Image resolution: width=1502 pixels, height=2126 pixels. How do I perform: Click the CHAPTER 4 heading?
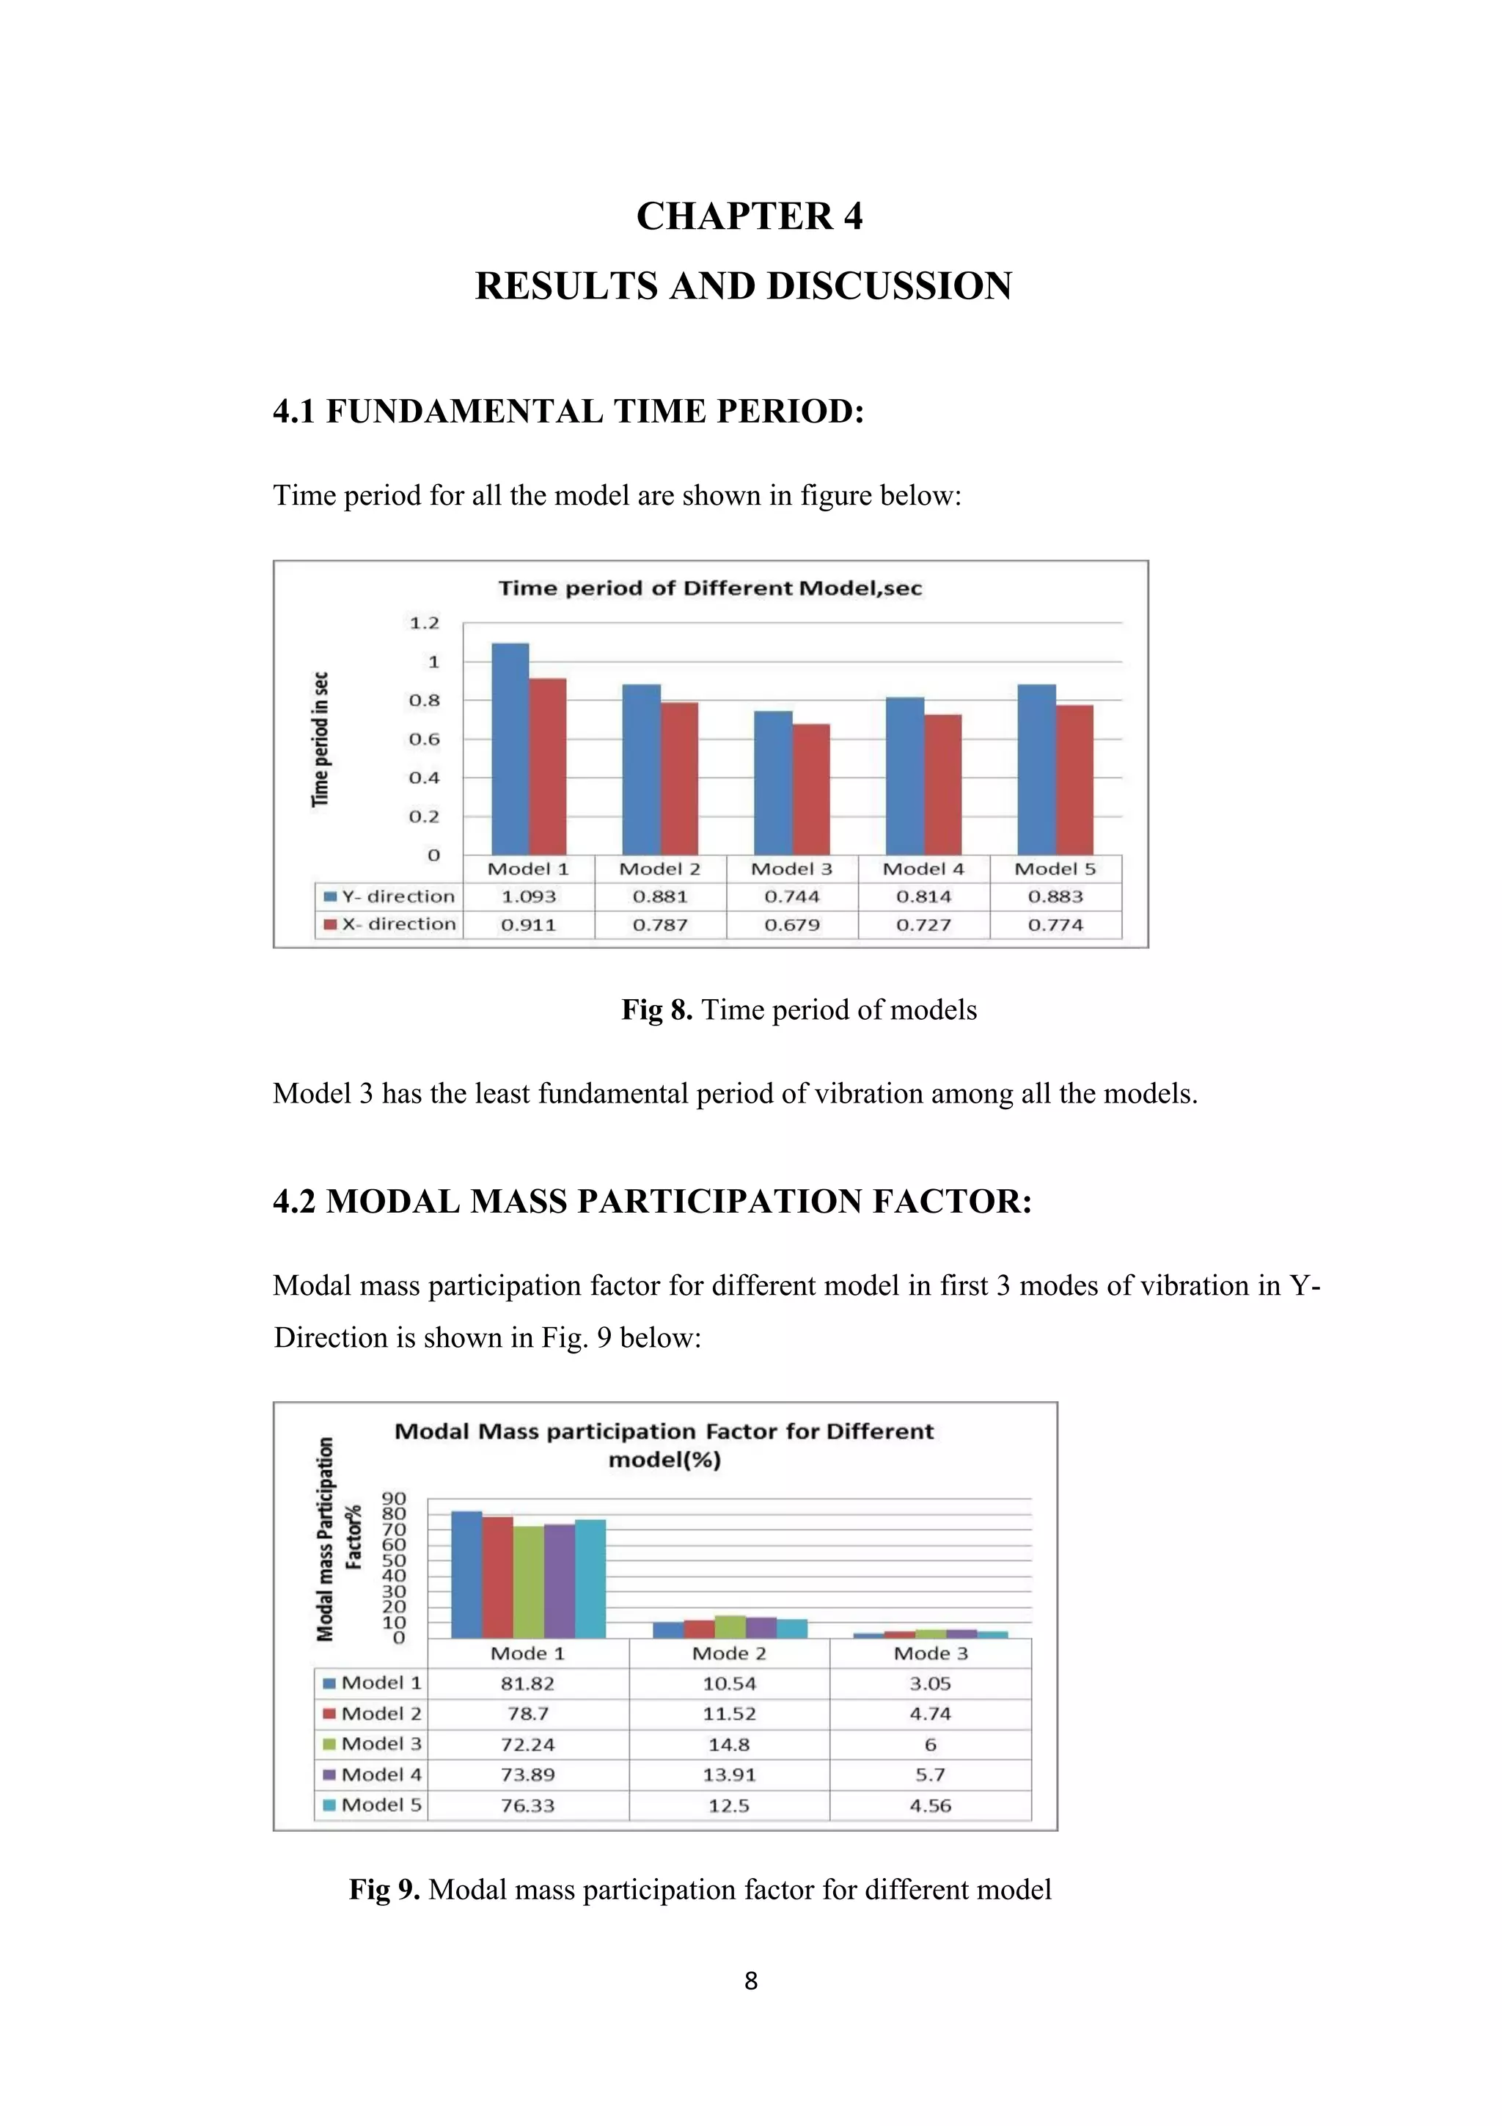pos(749,216)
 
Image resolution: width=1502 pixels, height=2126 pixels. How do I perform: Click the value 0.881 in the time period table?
pos(660,896)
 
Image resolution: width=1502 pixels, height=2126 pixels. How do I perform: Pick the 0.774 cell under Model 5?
pos(1055,924)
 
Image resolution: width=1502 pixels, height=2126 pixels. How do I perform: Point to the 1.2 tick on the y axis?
pos(424,623)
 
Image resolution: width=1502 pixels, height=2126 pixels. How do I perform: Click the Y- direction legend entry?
pos(389,896)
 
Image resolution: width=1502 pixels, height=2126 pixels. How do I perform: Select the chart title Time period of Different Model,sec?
pos(710,589)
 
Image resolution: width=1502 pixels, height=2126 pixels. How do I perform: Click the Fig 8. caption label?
pos(657,1009)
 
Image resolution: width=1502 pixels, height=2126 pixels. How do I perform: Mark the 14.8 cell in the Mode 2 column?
pos(729,1745)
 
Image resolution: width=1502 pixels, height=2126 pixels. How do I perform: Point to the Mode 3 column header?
pos(930,1654)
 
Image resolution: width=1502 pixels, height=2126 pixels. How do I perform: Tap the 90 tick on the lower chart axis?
pos(395,1499)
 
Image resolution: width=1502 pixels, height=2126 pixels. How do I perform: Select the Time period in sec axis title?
pos(320,739)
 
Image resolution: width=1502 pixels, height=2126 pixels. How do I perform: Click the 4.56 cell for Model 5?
pos(930,1805)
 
